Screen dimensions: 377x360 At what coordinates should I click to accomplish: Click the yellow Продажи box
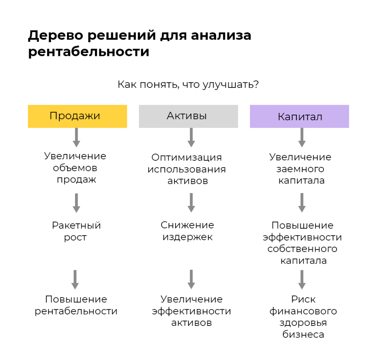tap(77, 116)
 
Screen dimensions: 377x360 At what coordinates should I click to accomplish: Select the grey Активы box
tap(188, 116)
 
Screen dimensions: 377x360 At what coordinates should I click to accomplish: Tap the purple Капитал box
tap(299, 116)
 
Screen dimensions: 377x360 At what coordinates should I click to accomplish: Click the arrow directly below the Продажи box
tap(77, 138)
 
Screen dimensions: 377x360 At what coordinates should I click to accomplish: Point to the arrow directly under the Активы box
tap(191, 138)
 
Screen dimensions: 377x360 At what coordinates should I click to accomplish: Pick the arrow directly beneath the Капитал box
tap(302, 138)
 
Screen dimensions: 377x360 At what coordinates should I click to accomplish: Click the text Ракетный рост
tap(76, 231)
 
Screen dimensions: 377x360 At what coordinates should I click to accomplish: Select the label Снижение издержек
tap(187, 231)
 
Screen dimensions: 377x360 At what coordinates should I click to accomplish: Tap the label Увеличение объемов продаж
tap(75, 168)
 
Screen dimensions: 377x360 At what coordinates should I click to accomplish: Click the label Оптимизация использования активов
tap(187, 169)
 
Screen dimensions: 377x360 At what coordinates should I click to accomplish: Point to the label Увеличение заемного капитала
tap(300, 168)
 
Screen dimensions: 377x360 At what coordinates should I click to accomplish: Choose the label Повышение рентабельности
tap(76, 305)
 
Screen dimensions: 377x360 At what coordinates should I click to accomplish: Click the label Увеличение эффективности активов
tap(191, 311)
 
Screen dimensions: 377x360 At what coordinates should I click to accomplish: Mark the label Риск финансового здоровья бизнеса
tap(303, 317)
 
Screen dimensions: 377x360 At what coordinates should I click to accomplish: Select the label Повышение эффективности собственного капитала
tap(302, 243)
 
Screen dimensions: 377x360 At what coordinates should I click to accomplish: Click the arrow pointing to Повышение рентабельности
tap(75, 279)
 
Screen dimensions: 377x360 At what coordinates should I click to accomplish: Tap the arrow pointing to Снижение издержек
tap(191, 203)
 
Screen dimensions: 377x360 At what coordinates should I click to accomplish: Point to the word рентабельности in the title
tap(89, 52)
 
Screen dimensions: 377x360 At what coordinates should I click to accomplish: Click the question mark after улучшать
tap(256, 85)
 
